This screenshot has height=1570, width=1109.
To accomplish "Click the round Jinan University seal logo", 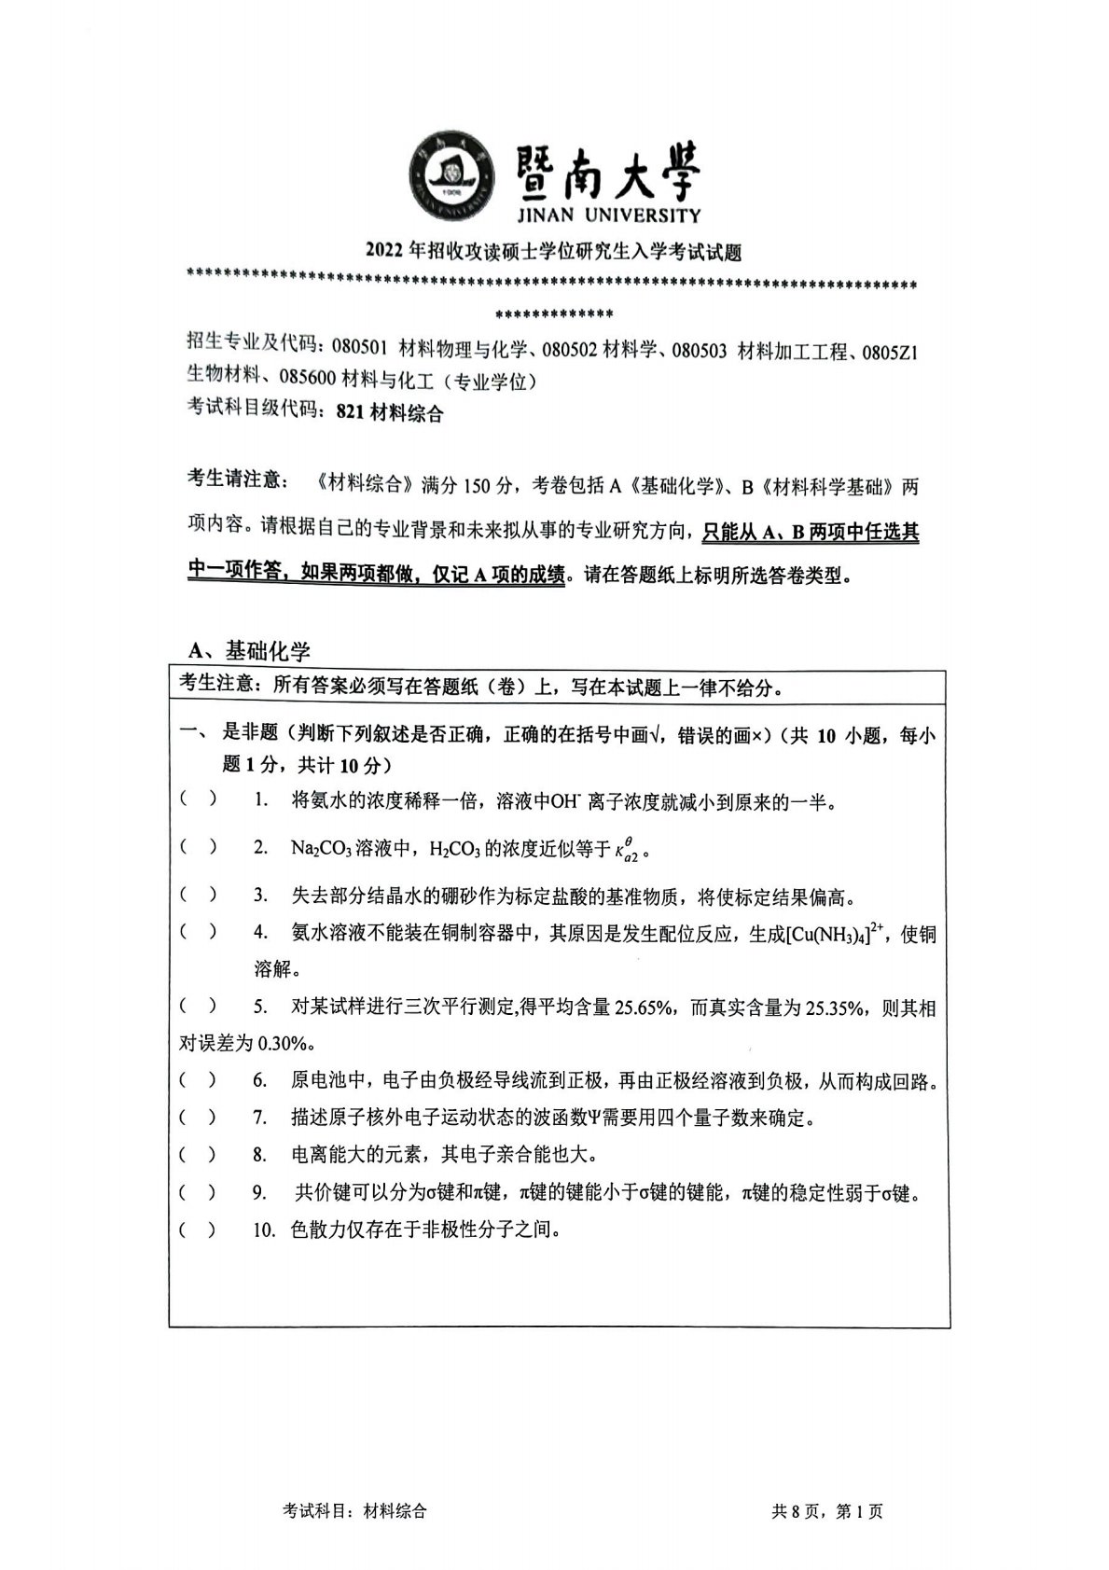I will [451, 179].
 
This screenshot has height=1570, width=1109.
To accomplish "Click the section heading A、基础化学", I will [249, 651].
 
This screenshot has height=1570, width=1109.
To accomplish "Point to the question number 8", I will [259, 1155].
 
